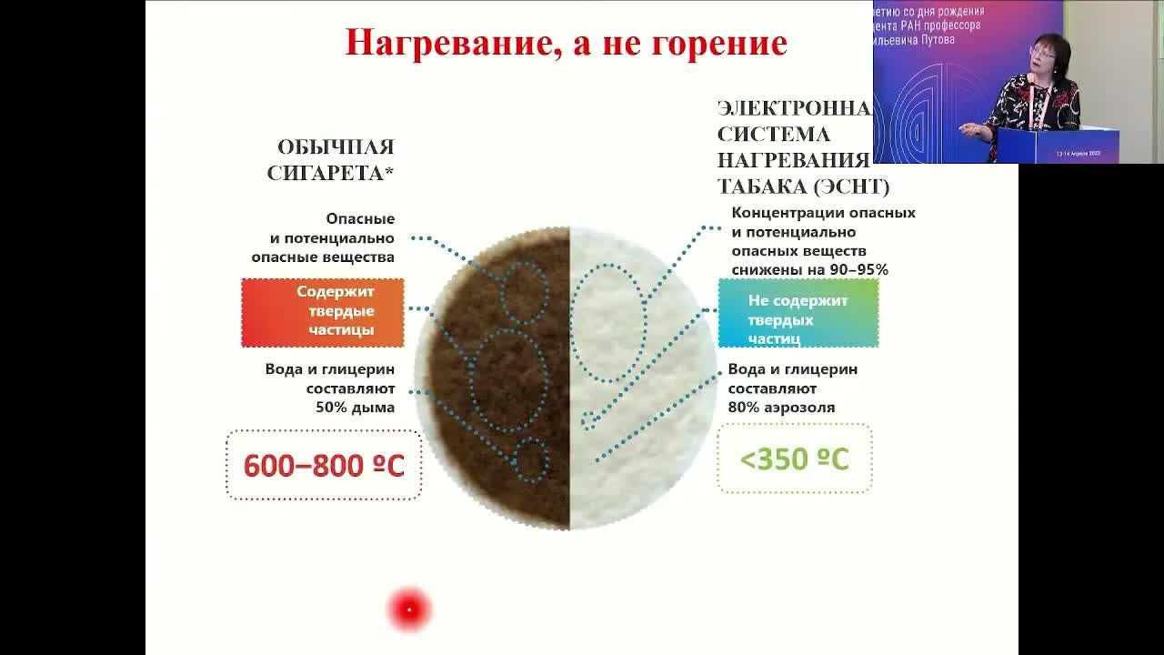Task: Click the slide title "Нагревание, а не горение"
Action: (566, 43)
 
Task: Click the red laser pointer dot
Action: (409, 610)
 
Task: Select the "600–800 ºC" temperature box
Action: (324, 466)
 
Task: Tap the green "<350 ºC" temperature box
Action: (794, 459)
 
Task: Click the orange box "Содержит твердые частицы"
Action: (323, 312)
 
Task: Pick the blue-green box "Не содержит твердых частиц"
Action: (798, 313)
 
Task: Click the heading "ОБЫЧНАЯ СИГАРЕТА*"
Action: (331, 160)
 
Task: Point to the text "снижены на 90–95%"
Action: (809, 270)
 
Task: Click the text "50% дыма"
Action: (355, 408)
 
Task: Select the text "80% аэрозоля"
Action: (781, 408)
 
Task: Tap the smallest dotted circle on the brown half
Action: (531, 458)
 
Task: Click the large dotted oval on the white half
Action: (607, 323)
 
